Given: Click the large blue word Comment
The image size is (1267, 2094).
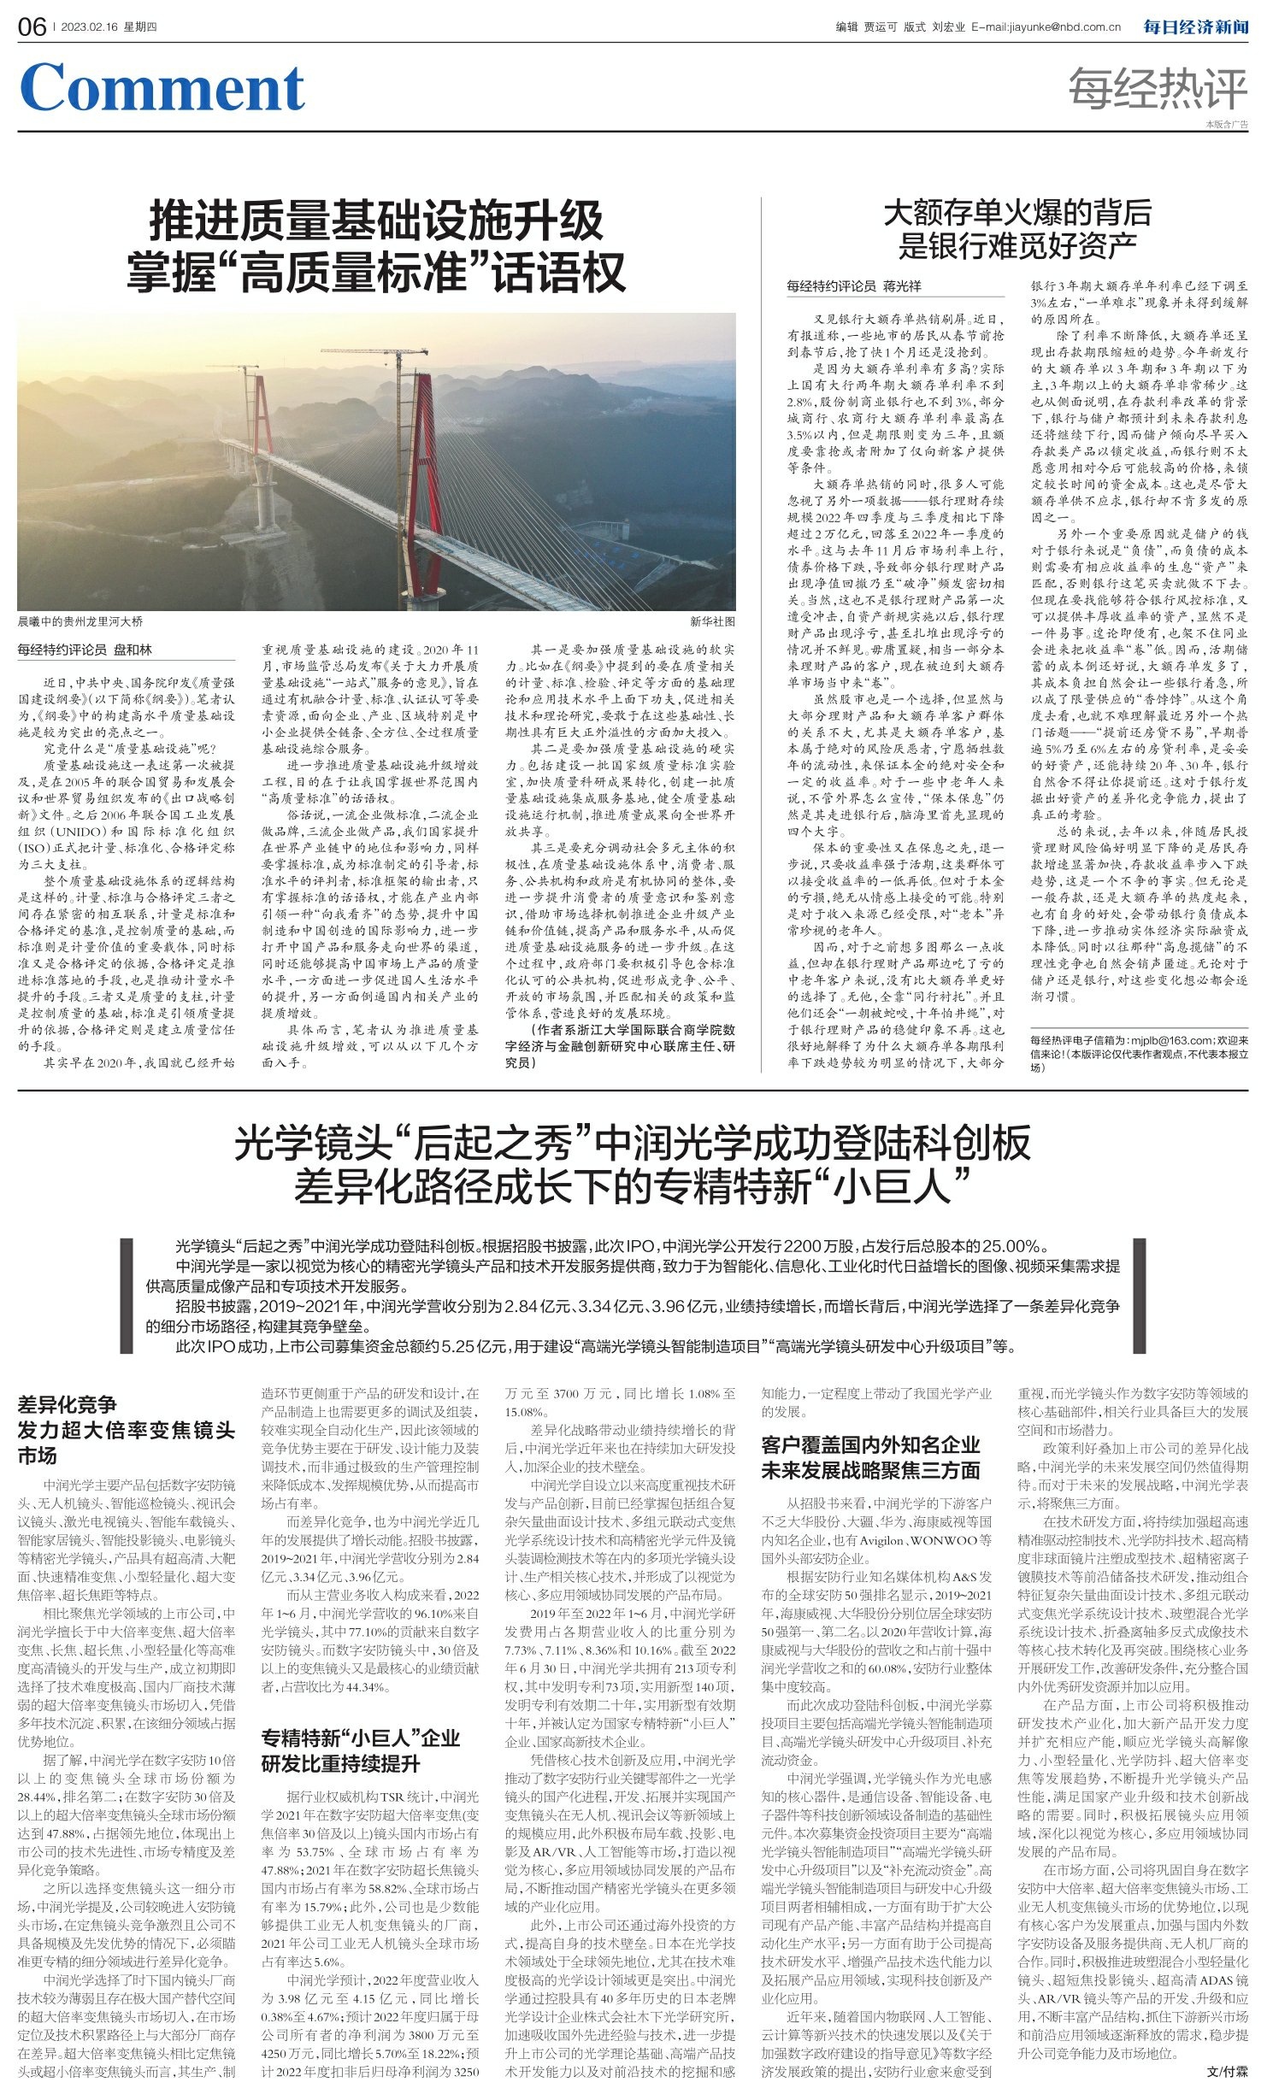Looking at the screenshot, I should click(x=162, y=88).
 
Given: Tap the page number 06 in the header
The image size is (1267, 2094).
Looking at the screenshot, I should click(x=32, y=27).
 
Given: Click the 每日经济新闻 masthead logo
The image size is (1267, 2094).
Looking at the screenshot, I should click(x=1196, y=26).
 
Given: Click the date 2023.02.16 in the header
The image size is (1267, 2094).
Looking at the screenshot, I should click(x=92, y=27).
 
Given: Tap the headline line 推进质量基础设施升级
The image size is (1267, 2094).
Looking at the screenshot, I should click(x=376, y=221).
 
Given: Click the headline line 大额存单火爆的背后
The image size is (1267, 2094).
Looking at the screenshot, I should click(x=1017, y=212).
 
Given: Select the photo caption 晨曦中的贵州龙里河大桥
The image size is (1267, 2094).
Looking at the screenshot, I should click(x=80, y=621).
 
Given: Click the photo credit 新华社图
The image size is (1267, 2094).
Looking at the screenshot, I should click(x=712, y=621).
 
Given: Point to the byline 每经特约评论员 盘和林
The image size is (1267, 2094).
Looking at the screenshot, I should click(x=85, y=650).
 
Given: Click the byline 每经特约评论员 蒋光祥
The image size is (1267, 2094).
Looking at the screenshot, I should click(x=854, y=286).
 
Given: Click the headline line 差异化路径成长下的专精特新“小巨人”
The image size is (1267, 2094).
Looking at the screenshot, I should click(x=633, y=1185).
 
